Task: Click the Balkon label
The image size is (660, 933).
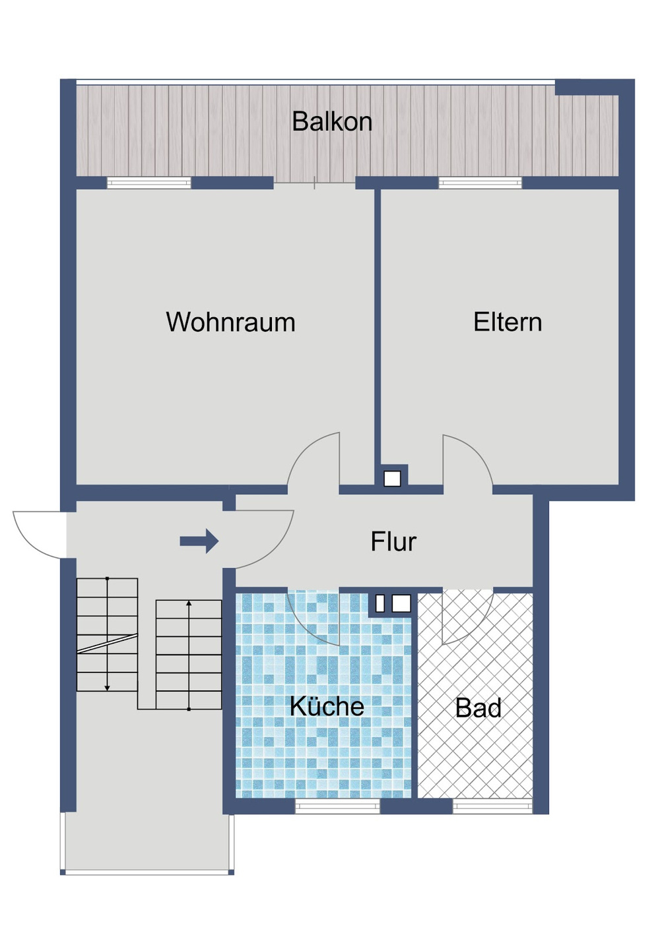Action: pyautogui.click(x=332, y=121)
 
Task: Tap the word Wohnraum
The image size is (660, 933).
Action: pyautogui.click(x=230, y=322)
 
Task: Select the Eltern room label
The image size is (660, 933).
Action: pyautogui.click(x=508, y=322)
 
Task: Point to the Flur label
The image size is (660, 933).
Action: pyautogui.click(x=393, y=541)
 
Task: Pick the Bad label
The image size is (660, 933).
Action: pyautogui.click(x=478, y=707)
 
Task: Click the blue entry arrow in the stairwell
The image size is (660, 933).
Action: pyautogui.click(x=199, y=541)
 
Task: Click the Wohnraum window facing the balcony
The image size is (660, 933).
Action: pyautogui.click(x=149, y=183)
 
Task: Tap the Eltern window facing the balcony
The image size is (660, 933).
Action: pyautogui.click(x=480, y=183)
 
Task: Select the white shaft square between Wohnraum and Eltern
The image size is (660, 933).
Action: pyautogui.click(x=392, y=479)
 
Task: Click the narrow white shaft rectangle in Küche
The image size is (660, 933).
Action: pyautogui.click(x=379, y=603)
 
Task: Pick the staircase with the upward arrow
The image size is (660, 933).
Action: pyautogui.click(x=189, y=655)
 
